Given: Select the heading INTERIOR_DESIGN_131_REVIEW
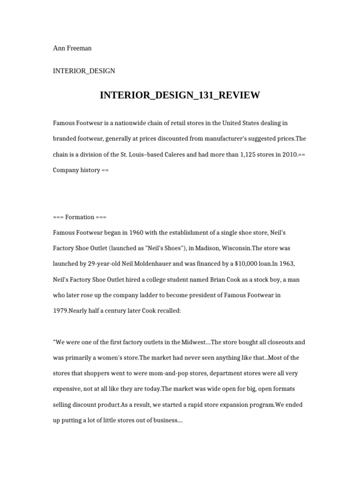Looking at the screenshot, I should click(180, 96).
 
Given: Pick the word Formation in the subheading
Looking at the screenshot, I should click(80, 217).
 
